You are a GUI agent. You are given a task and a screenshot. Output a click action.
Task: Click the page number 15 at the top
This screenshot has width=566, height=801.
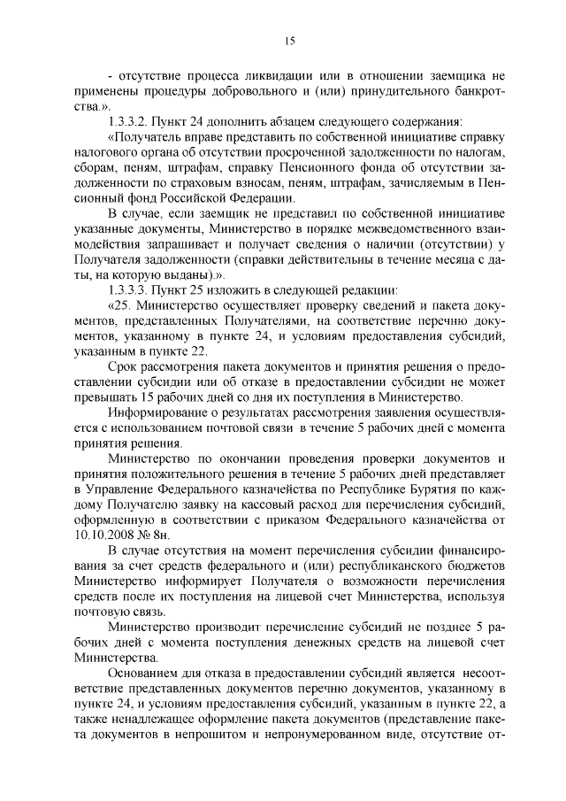point(288,39)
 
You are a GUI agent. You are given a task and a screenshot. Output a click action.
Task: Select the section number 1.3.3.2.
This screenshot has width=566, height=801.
point(127,120)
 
